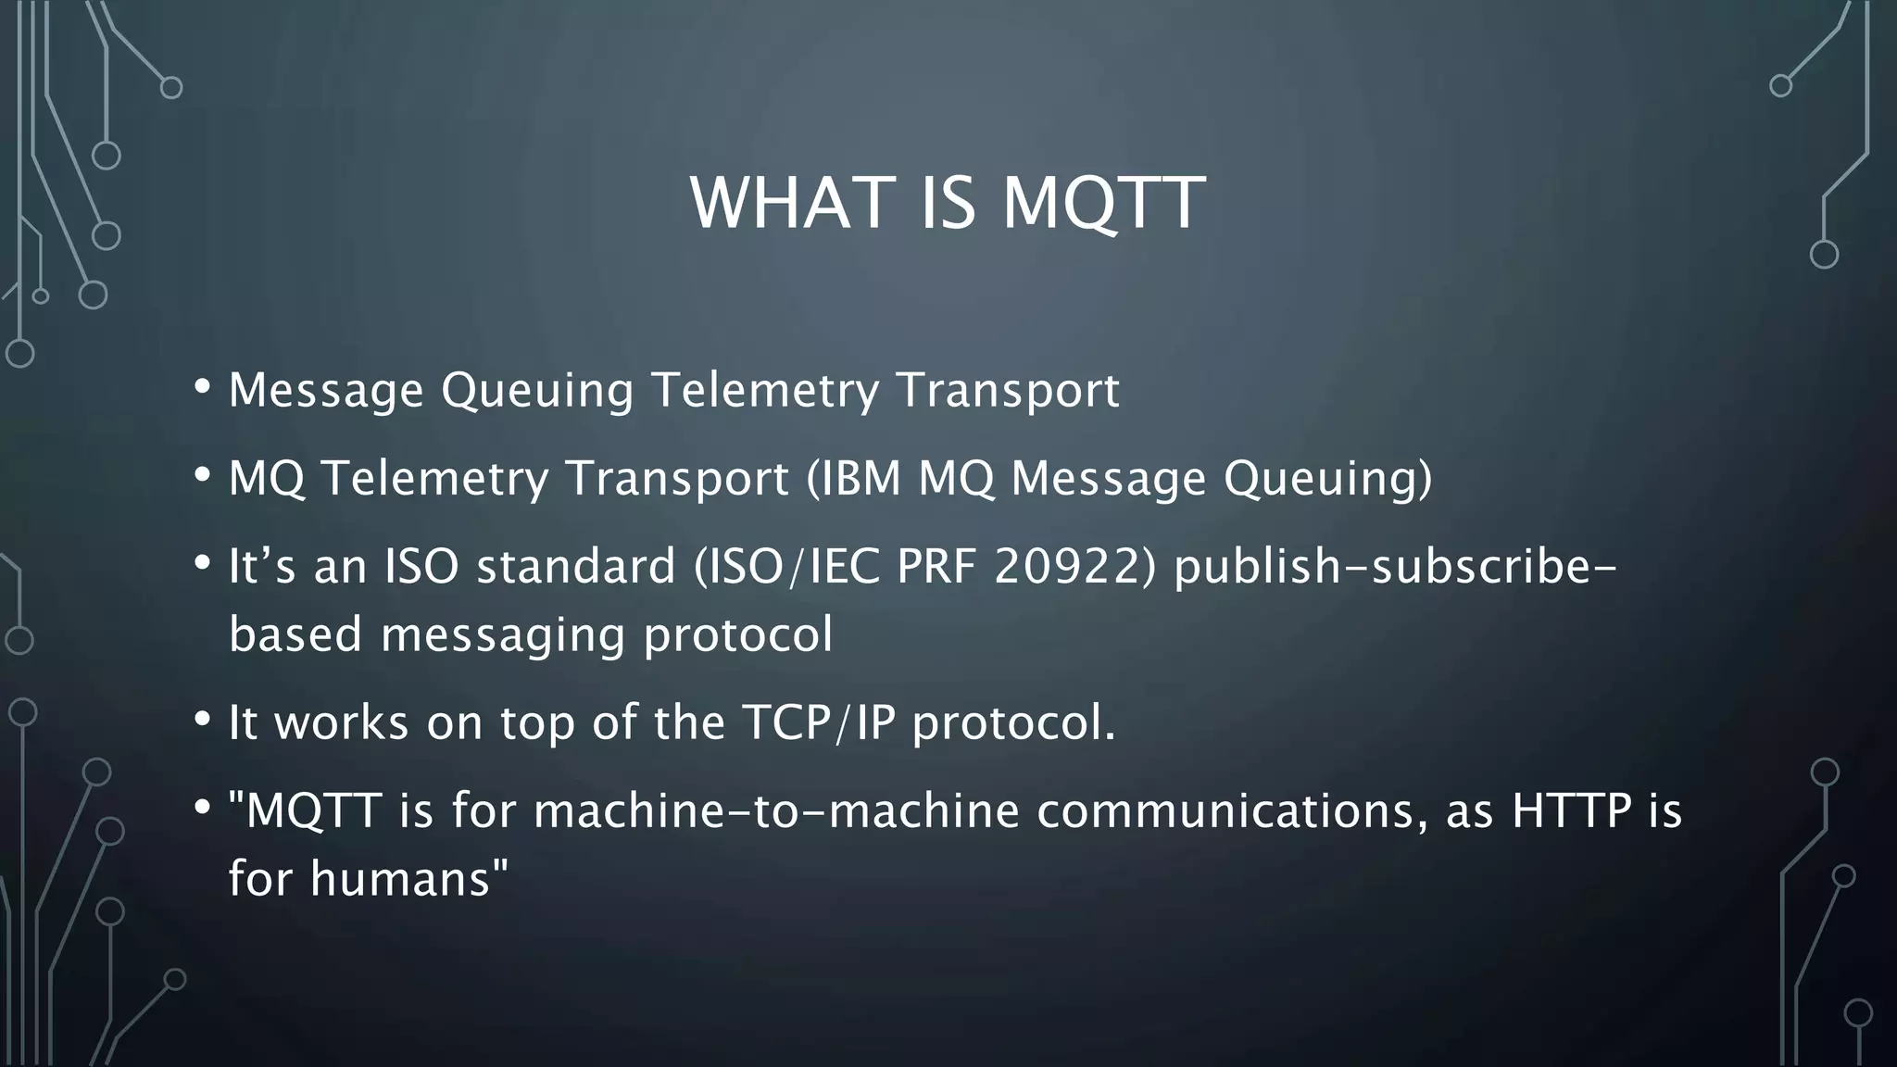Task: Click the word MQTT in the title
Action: click(1104, 203)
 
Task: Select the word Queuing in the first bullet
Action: click(537, 390)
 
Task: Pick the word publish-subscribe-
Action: click(1395, 567)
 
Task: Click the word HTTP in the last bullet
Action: click(1571, 810)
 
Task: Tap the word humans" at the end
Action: click(409, 878)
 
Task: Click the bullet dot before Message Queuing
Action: click(202, 386)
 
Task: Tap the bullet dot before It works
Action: click(202, 719)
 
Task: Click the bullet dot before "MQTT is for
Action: click(202, 807)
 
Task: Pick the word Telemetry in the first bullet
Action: click(765, 390)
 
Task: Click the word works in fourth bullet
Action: click(342, 722)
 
